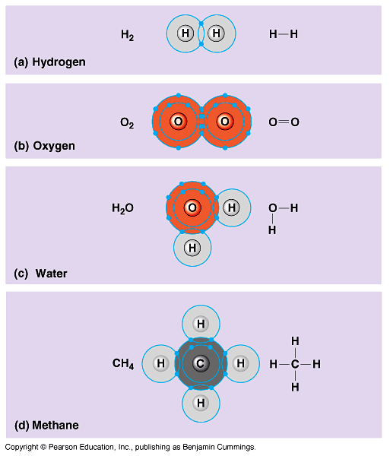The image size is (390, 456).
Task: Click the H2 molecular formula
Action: point(128,35)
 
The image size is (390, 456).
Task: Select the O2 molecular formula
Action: point(127,123)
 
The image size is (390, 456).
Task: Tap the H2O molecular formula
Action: point(122,208)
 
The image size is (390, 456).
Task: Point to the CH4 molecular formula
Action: point(123,364)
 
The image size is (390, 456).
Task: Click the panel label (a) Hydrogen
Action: point(49,62)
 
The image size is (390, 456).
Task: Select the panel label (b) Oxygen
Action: point(45,146)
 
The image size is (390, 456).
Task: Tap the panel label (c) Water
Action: point(40,274)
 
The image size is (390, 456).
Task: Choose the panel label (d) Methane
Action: point(46,426)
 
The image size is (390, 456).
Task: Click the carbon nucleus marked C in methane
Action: point(201,363)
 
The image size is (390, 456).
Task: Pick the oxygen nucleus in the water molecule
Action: point(192,207)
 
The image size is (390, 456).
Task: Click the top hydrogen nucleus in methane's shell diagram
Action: point(201,324)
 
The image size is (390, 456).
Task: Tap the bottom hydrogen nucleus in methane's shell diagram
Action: point(201,403)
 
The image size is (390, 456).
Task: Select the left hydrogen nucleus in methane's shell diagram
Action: point(161,363)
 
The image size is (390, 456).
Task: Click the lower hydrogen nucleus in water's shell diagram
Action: point(192,248)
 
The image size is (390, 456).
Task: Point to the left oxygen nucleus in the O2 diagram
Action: point(179,122)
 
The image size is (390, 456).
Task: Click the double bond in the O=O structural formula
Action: point(284,122)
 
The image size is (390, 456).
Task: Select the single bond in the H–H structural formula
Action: point(284,34)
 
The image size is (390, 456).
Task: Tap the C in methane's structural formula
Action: point(295,364)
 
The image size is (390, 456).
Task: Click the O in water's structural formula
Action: point(273,208)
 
